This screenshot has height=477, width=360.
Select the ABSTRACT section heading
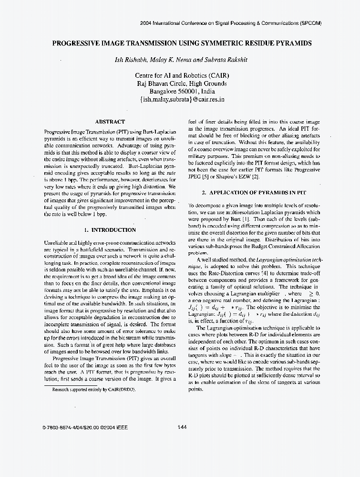pos(110,122)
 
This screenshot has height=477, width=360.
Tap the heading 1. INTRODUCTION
pos(110,229)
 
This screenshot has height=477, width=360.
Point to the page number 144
pos(182,427)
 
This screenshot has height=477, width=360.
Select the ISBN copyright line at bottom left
pos(84,427)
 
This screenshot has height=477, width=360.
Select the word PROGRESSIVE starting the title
pos(77,43)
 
